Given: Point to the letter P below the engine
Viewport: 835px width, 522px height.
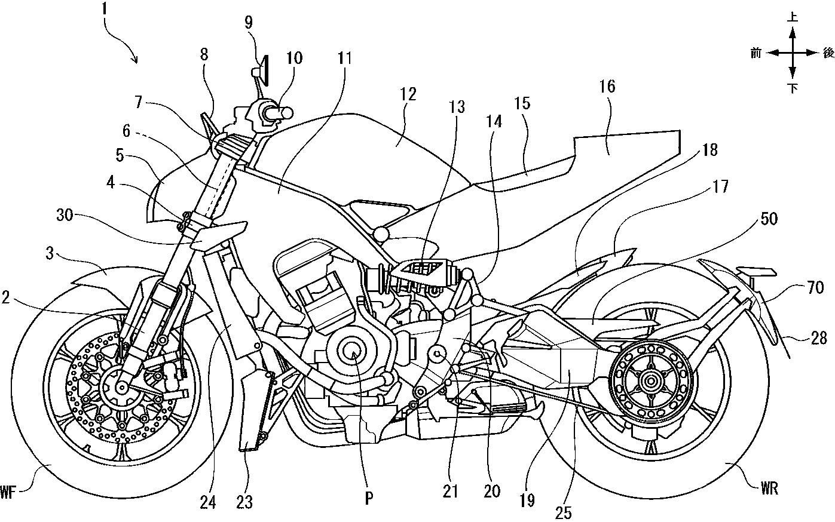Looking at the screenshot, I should (369, 499).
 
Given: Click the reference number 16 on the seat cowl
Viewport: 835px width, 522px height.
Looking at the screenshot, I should (607, 87).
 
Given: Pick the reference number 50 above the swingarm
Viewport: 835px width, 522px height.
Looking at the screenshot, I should (769, 219).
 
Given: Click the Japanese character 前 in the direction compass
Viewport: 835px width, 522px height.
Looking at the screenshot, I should (757, 53).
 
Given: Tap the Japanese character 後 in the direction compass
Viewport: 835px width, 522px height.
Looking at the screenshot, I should (828, 53).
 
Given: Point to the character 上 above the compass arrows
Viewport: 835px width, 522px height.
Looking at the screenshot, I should (793, 18).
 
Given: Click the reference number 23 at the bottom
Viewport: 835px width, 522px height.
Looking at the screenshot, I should (244, 502).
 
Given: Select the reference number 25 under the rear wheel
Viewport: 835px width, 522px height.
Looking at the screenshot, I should (564, 511).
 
